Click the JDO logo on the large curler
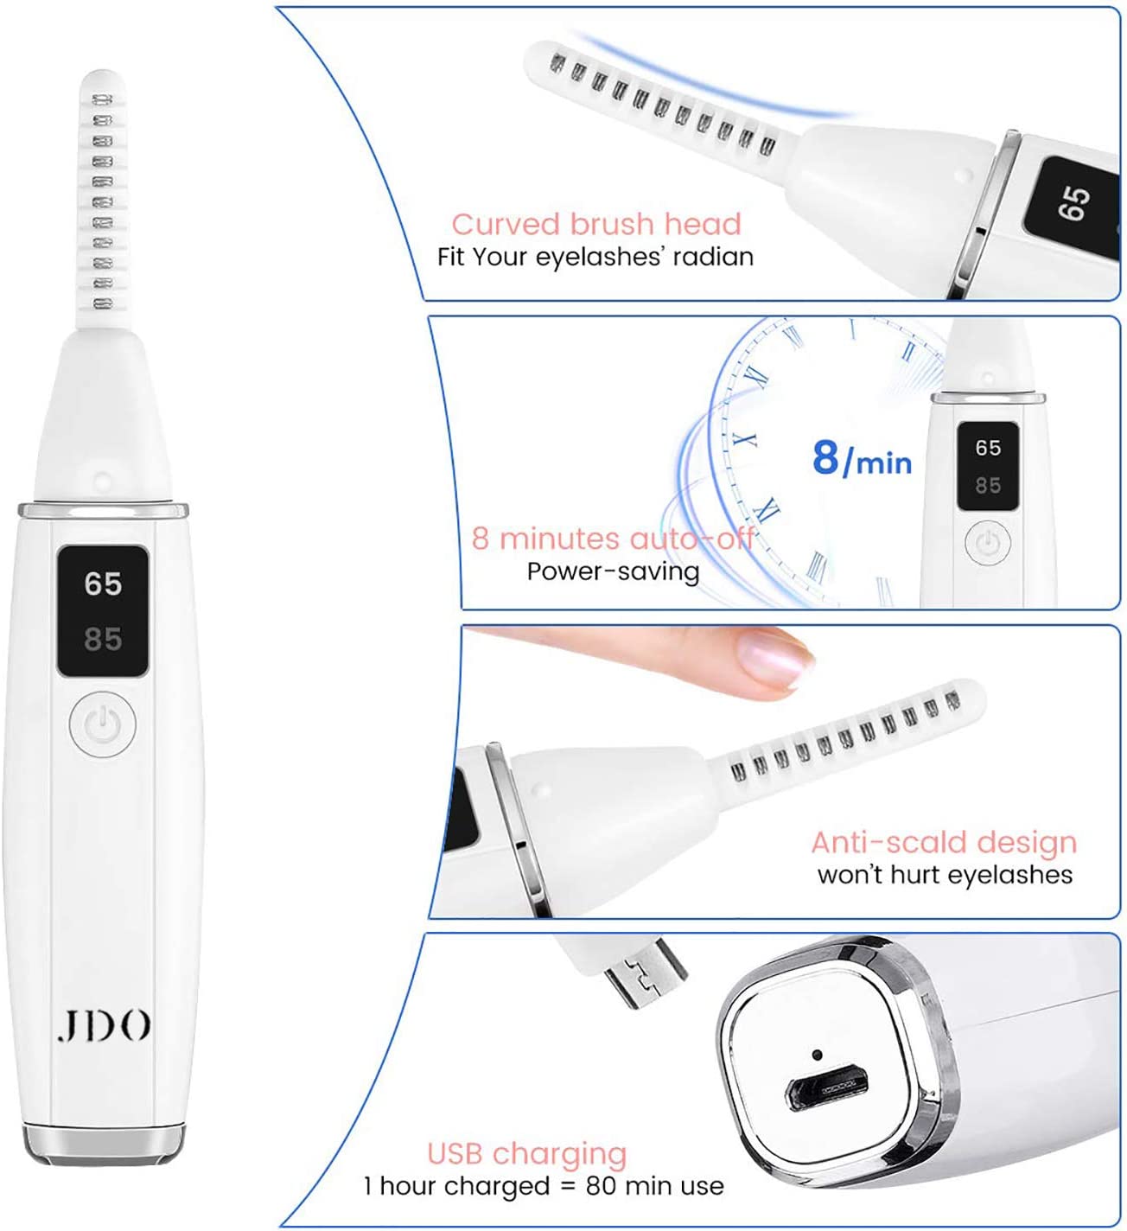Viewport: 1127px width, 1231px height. [104, 1024]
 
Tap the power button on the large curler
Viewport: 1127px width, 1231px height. [103, 724]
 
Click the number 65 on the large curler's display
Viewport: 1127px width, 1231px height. [103, 583]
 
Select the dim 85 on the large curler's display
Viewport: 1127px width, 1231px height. [103, 638]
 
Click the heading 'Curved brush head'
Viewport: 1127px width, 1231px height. [595, 224]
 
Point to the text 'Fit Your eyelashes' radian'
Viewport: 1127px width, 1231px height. [595, 257]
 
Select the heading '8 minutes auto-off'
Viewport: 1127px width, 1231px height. [612, 539]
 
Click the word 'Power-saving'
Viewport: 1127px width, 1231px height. [613, 571]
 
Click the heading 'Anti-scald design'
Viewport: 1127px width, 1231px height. [944, 842]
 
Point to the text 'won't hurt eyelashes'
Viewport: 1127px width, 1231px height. [945, 875]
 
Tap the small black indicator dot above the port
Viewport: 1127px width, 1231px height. [817, 1055]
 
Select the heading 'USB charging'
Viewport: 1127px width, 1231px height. [526, 1154]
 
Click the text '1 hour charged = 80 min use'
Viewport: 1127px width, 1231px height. [544, 1185]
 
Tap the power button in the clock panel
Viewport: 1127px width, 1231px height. [987, 543]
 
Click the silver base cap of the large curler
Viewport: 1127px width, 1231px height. [103, 1145]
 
